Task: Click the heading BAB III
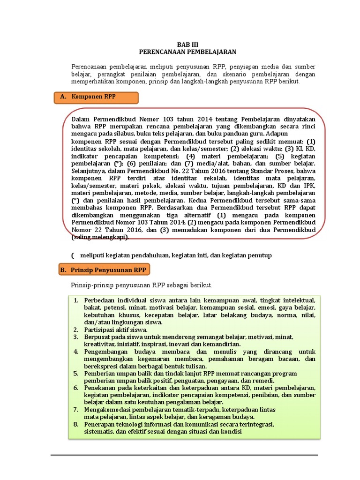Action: point(187,45)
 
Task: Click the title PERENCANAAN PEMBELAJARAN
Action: point(187,52)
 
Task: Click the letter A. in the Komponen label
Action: point(64,97)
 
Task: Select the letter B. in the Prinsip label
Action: point(63,270)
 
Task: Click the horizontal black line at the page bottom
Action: point(184,455)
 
